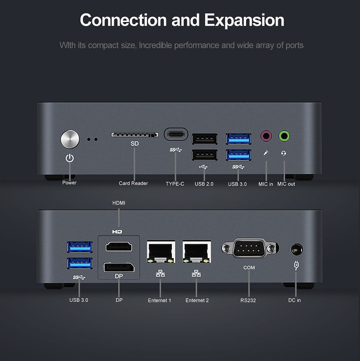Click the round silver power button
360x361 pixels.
(70, 139)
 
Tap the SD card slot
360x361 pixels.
(135, 135)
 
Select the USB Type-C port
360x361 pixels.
(176, 134)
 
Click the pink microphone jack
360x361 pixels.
(266, 136)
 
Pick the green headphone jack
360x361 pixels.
(284, 136)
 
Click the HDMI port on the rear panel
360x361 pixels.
(119, 247)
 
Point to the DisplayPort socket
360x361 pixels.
(119, 268)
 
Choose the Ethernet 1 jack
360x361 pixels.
(161, 252)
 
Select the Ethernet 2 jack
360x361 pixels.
(197, 252)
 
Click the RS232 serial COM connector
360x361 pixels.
(250, 248)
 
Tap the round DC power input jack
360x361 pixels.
(297, 249)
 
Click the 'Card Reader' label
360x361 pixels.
(133, 183)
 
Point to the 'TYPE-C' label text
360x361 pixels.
(175, 184)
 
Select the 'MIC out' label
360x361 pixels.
(286, 184)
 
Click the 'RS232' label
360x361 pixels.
(248, 300)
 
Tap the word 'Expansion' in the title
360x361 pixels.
(244, 20)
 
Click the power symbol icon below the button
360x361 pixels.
(70, 158)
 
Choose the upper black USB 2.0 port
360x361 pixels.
(205, 139)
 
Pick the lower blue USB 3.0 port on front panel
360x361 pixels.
(238, 155)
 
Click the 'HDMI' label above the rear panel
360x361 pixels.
(119, 203)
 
